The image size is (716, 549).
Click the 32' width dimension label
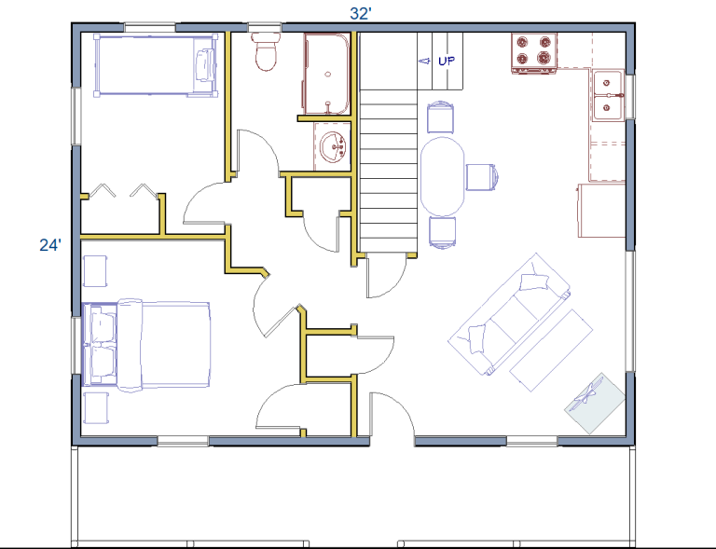pos(360,14)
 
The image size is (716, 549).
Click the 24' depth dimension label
pos(49,245)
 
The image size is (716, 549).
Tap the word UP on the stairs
pos(447,61)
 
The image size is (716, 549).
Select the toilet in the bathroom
pos(266,51)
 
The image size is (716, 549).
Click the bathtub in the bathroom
pos(327,74)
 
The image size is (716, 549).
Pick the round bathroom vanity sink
pos(333,147)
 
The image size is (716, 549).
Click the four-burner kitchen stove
pos(534,53)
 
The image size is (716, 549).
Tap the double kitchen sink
pos(608,95)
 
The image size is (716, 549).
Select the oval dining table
pos(442,176)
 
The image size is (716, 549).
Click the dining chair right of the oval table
pos(482,176)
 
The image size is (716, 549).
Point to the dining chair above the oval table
pos(441,117)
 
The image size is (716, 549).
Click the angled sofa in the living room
pos(510,314)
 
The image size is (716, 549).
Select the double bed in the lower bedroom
pos(146,346)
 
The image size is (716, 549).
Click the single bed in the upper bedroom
pos(156,65)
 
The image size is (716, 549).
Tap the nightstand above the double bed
pos(95,271)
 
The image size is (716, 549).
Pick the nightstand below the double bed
pos(96,407)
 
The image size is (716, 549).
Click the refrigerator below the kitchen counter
pos(601,211)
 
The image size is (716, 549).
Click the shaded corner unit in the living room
pos(595,403)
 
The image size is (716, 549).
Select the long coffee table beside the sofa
pos(551,350)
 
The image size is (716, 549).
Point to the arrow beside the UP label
pos(424,61)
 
